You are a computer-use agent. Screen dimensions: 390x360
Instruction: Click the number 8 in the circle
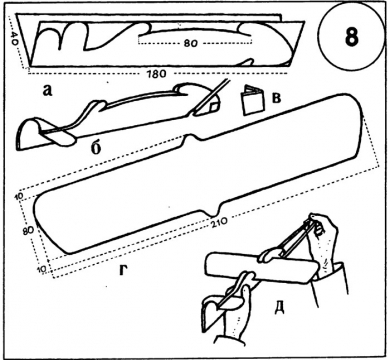(x=351, y=36)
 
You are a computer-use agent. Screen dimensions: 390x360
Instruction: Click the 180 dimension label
(x=156, y=74)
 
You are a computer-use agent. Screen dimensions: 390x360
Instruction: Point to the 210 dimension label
(x=219, y=221)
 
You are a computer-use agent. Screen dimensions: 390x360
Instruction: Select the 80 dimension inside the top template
(x=190, y=43)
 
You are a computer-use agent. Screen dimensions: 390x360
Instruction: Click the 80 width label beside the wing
(x=29, y=231)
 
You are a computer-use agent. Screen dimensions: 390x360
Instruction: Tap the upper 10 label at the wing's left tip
(x=19, y=197)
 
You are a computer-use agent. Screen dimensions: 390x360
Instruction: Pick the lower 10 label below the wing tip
(x=41, y=270)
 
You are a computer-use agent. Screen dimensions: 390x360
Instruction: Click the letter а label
(x=47, y=90)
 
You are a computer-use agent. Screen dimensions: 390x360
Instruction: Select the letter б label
(x=96, y=148)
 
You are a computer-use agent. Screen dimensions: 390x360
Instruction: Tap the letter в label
(x=277, y=99)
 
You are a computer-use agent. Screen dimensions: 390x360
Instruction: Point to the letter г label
(x=124, y=271)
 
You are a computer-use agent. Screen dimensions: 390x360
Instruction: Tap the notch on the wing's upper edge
(x=190, y=136)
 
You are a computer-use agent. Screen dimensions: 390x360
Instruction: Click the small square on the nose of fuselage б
(x=211, y=107)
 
